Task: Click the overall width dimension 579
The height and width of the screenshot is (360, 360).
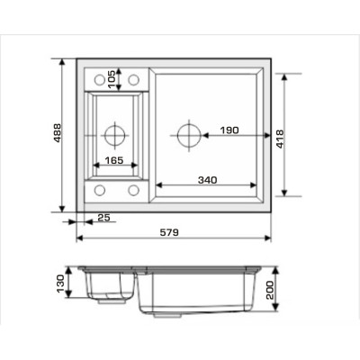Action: tap(169, 232)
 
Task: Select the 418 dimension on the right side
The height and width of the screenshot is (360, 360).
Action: tap(280, 139)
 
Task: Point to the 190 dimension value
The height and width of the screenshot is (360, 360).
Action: tap(229, 130)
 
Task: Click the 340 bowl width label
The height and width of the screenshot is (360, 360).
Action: tap(207, 180)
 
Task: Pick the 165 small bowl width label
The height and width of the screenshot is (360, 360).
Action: tap(114, 160)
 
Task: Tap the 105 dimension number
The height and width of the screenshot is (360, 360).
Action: tap(111, 79)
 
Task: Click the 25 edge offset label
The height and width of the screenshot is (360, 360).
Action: tap(104, 218)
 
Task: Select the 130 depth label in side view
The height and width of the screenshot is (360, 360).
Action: tap(60, 283)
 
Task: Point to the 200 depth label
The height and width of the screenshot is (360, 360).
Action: tap(270, 290)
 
